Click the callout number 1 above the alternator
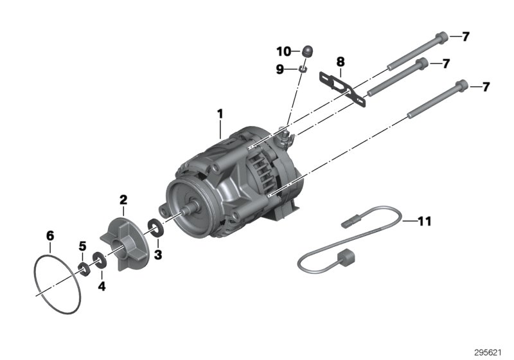click(220, 114)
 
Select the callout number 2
click(123, 200)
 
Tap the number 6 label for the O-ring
click(50, 235)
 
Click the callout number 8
click(341, 62)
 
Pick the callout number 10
click(284, 51)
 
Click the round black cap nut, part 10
click(308, 50)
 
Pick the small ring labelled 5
click(84, 267)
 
